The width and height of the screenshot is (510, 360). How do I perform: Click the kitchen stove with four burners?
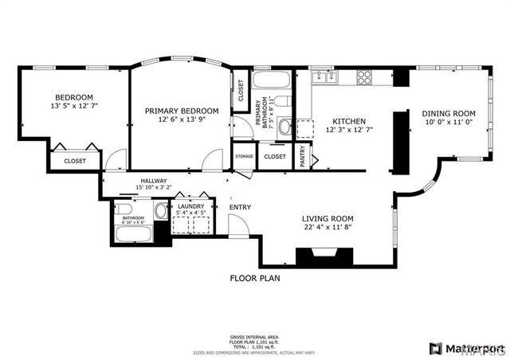coord(365,77)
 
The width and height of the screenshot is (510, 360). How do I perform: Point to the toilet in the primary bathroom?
coord(285,126)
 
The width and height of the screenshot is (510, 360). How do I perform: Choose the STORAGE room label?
coord(245,156)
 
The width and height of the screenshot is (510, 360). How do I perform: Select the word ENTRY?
coord(240,208)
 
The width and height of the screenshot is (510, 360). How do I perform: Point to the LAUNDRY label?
coord(191,206)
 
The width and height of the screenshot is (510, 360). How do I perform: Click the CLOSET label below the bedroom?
coord(75,161)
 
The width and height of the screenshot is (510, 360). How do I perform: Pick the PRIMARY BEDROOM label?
coord(182,111)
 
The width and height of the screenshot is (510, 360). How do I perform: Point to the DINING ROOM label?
coord(448,114)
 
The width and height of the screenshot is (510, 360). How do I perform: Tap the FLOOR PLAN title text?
coord(255,279)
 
